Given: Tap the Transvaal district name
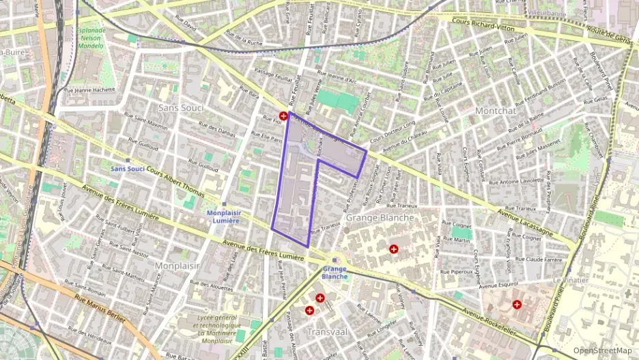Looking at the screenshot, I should coord(328,331).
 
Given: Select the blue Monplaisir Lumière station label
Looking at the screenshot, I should coord(223,217).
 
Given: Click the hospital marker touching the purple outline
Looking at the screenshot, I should coord(283,116).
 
